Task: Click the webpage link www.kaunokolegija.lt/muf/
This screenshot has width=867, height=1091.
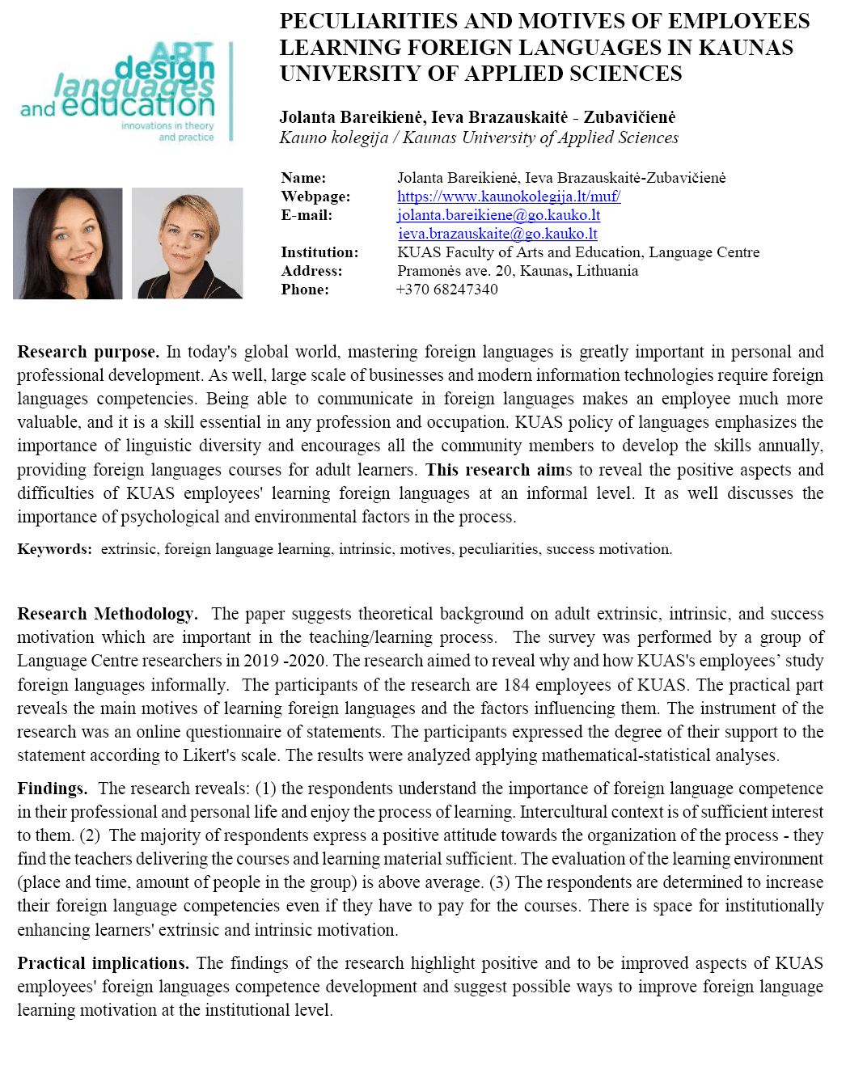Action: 508,197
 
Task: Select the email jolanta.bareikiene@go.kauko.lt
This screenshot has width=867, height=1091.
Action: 498,215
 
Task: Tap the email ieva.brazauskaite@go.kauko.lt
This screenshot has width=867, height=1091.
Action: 497,234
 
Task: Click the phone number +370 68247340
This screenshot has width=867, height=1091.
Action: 446,290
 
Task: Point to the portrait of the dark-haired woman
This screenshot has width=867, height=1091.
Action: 68,243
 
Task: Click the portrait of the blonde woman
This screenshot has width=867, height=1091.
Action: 187,243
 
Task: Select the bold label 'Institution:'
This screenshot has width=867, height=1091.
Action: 319,252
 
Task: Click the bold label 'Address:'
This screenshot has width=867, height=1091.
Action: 311,271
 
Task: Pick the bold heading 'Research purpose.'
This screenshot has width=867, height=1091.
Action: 87,352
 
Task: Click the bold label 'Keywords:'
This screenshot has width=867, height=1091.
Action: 54,549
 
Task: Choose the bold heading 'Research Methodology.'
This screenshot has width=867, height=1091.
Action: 107,614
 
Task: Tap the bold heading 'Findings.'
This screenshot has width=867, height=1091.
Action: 52,789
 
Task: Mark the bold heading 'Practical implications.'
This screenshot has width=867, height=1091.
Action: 103,963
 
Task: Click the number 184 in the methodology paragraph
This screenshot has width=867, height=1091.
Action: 516,685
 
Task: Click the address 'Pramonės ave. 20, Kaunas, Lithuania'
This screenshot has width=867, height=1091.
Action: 517,271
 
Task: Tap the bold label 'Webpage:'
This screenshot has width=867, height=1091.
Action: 315,197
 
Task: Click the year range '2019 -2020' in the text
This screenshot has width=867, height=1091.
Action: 288,661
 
